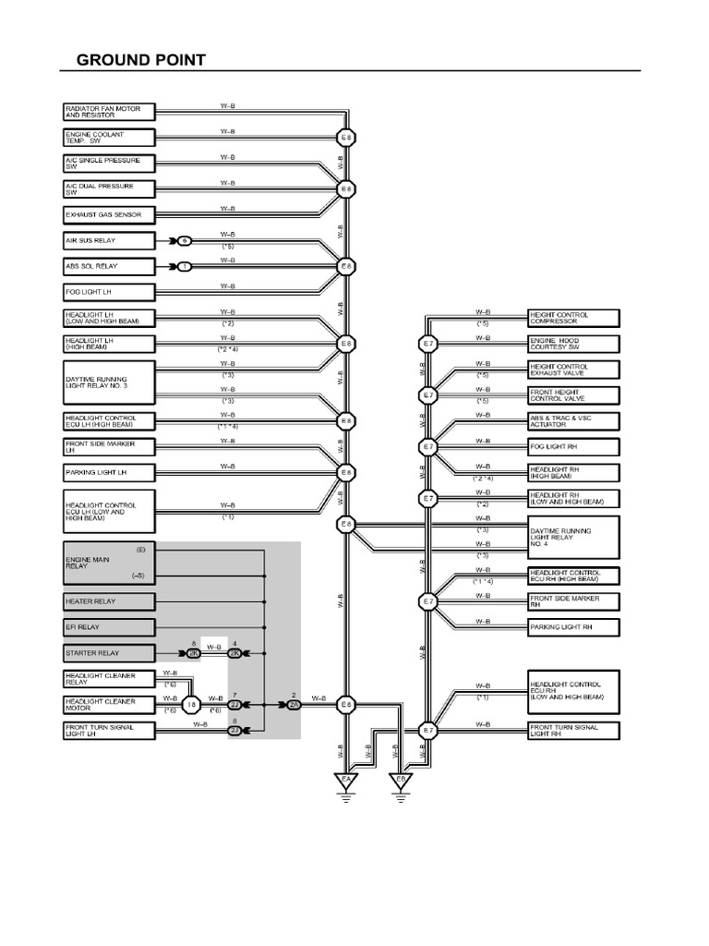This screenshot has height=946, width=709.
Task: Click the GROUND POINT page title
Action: point(140,61)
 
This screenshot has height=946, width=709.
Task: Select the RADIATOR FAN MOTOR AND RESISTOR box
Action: point(109,112)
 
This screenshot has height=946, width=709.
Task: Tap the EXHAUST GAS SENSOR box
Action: point(109,214)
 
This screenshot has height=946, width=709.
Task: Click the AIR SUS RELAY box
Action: point(109,240)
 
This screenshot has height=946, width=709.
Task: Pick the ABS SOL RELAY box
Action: point(109,266)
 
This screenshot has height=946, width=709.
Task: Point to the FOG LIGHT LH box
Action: point(109,292)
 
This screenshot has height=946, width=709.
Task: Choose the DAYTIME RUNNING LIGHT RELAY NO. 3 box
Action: point(109,382)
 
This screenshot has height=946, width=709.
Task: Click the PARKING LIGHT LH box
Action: point(109,473)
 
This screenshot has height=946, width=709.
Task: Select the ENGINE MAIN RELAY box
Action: point(109,563)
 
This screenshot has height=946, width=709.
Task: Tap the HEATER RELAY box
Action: point(109,601)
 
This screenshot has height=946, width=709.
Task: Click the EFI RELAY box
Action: point(109,627)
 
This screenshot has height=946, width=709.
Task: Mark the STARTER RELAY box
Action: point(109,653)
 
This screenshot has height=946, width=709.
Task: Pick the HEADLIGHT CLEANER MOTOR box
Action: point(109,705)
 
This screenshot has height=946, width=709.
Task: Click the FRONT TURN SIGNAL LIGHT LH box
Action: point(109,731)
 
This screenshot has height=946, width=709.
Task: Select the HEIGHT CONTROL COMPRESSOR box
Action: point(573,318)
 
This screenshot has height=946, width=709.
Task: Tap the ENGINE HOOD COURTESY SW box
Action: point(573,344)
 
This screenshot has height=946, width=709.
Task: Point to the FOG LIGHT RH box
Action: point(573,447)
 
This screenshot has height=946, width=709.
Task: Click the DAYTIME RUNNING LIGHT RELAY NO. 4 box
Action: point(573,537)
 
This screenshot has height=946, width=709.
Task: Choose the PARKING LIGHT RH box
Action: point(573,627)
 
